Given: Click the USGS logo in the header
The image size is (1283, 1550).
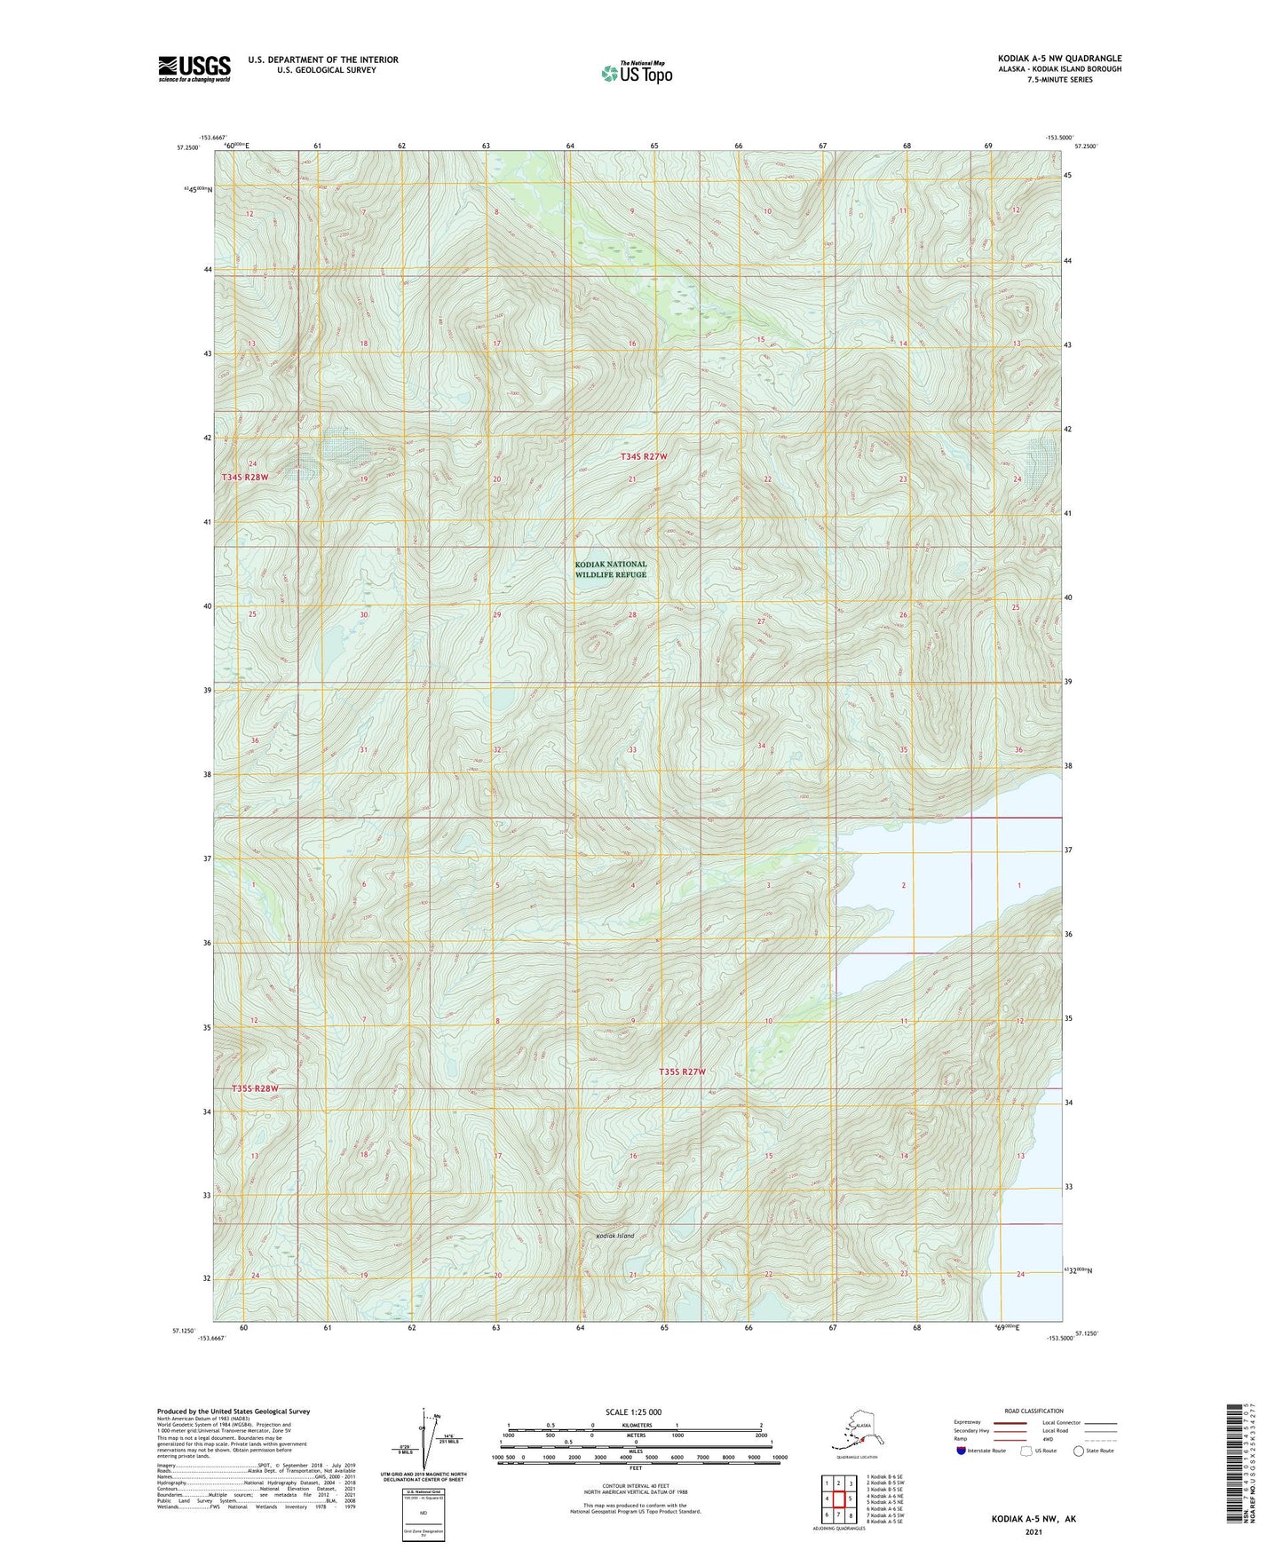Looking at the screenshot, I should click(194, 68).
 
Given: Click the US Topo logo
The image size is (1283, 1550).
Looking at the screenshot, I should click(637, 73).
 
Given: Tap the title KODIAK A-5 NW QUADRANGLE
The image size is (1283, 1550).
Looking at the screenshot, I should click(1058, 59).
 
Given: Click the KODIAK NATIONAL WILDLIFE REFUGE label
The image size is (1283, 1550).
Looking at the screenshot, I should click(611, 569).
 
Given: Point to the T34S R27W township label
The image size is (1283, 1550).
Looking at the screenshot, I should click(643, 456).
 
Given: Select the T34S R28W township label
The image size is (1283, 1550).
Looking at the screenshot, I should click(244, 477).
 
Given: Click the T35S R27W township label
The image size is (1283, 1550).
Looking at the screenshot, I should click(682, 1072).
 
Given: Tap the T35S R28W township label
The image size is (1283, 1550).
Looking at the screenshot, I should click(255, 1088).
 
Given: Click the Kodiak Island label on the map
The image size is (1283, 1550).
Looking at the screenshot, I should click(614, 1236).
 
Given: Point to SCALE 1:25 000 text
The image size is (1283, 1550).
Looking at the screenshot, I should click(634, 1412).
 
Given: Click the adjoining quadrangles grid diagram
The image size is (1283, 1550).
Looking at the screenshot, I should click(838, 1499).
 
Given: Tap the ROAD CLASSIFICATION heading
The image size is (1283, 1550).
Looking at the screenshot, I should click(1034, 1411).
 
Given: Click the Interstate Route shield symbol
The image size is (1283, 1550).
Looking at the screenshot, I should click(962, 1451).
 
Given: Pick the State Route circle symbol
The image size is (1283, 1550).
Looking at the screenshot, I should click(1078, 1451).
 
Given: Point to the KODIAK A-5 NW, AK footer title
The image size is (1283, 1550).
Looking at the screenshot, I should click(1034, 1519).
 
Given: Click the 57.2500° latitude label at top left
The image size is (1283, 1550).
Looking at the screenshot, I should click(187, 147).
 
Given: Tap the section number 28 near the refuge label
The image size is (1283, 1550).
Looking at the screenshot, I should click(632, 614).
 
